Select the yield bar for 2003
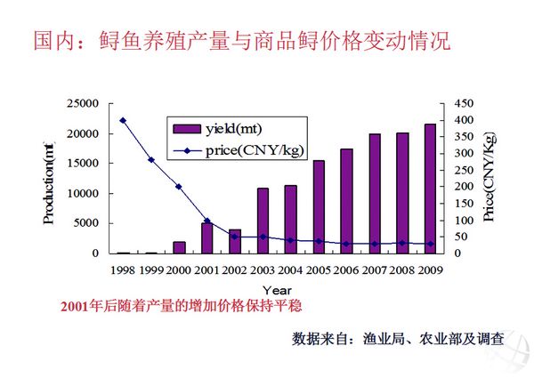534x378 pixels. point(263,221)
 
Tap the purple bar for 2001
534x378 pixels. point(207,237)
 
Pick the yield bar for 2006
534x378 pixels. point(346,201)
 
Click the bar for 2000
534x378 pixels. point(180,247)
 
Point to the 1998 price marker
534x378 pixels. point(123,120)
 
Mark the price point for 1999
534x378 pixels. point(151,160)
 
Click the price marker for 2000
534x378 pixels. point(179,187)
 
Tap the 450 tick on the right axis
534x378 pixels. point(463,104)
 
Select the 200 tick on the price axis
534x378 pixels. point(463,187)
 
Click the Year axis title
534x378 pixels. point(276,289)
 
